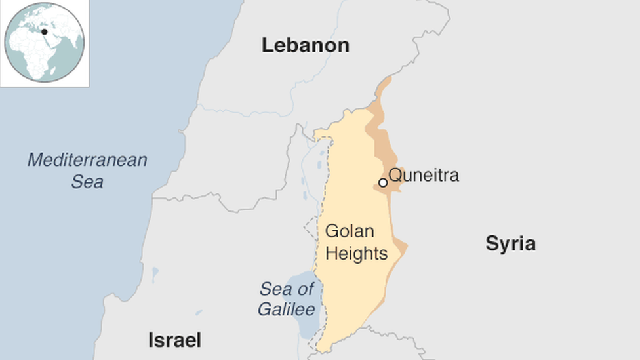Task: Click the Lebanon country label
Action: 305,45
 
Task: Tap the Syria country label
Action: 510,244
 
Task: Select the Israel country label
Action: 174,340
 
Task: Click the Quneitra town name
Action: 424,175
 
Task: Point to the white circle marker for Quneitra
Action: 383,182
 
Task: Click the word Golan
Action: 350,231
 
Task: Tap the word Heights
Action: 357,253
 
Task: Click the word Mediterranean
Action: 87,160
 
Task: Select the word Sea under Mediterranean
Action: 87,182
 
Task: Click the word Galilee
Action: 287,310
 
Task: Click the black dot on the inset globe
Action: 45,31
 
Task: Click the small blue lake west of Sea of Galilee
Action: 155,272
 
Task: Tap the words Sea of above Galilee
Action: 287,289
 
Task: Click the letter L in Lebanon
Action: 267,45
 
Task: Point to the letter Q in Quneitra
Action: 395,176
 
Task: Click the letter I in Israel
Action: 151,340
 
